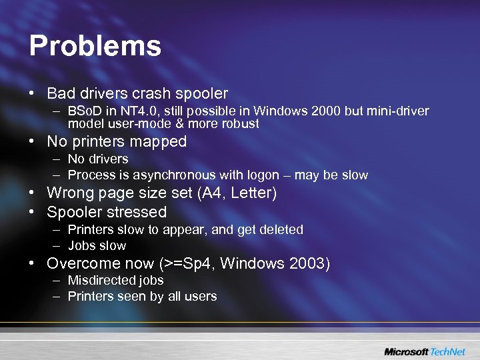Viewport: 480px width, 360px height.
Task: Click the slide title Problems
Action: tap(95, 47)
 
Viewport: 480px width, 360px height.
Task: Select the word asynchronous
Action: tap(169, 175)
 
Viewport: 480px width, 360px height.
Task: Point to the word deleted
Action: tap(281, 229)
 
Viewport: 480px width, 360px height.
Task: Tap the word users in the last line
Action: tap(201, 296)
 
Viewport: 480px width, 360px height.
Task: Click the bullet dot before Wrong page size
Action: tap(33, 194)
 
